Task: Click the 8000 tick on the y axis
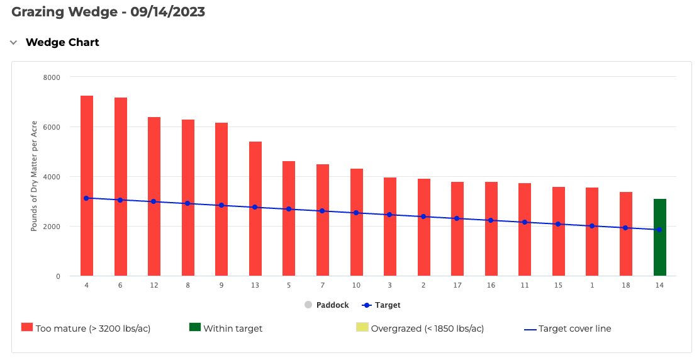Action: tap(52, 77)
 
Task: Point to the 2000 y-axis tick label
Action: tap(52, 227)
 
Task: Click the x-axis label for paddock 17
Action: tap(457, 286)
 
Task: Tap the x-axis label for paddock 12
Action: tap(154, 286)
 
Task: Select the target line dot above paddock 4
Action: tap(86, 198)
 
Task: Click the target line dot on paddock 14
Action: tap(659, 230)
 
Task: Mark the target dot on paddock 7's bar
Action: tap(322, 211)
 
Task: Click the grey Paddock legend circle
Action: tap(308, 305)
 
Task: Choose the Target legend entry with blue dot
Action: tap(381, 305)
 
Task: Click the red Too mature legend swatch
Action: tap(26, 328)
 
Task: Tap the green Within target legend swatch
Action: tap(194, 328)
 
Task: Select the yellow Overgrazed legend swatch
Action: tap(362, 328)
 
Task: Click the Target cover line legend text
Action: tap(574, 329)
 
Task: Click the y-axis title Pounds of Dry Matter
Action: tap(34, 176)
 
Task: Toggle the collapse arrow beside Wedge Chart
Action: tap(13, 43)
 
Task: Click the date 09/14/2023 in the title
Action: tap(167, 12)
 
